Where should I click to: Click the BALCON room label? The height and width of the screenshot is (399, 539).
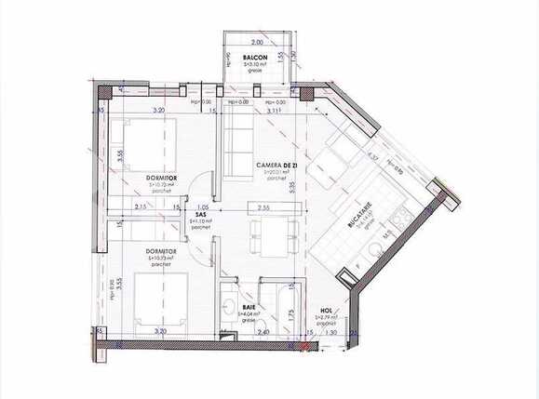click(x=256, y=58)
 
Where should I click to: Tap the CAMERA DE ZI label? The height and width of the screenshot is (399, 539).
click(x=277, y=165)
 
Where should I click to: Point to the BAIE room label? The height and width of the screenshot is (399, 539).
click(x=248, y=307)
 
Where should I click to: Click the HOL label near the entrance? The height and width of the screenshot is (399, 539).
click(x=326, y=312)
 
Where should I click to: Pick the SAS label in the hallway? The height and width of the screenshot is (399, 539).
click(x=201, y=214)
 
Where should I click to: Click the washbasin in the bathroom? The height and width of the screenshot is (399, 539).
click(x=229, y=308)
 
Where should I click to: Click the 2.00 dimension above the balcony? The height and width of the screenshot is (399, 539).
click(x=258, y=43)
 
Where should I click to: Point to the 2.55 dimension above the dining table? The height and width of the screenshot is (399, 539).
click(x=264, y=206)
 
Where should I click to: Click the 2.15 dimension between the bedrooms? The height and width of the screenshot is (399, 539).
click(x=141, y=206)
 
